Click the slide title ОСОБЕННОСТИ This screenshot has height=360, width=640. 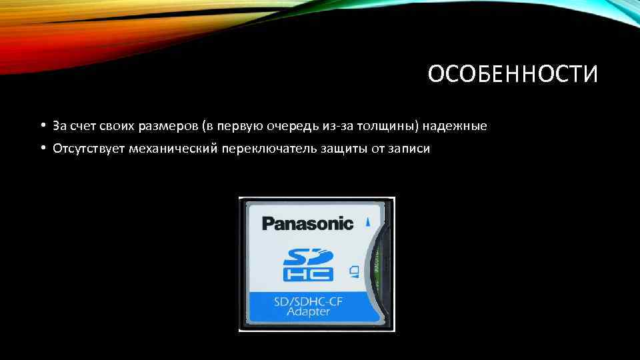tap(513, 75)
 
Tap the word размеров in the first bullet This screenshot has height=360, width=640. tap(168, 125)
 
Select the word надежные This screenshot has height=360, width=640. tap(461, 125)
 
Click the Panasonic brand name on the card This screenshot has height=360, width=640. tap(307, 223)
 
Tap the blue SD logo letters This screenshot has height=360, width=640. tap(307, 257)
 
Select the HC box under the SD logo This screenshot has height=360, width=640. tap(307, 274)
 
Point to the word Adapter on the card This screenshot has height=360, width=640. tap(307, 312)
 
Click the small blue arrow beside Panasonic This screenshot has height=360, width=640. tap(367, 221)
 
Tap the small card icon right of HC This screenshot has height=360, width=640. tap(354, 271)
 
